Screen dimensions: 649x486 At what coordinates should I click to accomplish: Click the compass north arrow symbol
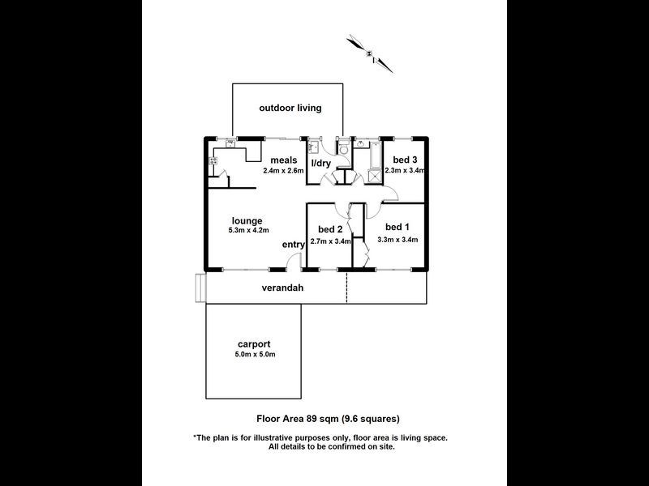(370, 53)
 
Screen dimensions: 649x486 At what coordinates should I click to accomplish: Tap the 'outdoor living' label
(290, 108)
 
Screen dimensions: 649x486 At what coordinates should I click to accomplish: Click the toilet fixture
(343, 148)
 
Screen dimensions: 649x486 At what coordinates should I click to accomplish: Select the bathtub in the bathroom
(376, 155)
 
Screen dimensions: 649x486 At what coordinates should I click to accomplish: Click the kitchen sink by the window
(230, 143)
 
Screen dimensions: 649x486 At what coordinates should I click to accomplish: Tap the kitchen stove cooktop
(213, 161)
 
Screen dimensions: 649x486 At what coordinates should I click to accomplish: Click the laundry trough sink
(313, 147)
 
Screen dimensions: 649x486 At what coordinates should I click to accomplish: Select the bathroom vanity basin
(360, 143)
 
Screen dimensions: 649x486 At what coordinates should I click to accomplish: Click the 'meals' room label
(284, 160)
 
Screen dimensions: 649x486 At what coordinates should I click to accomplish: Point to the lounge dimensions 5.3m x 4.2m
(249, 230)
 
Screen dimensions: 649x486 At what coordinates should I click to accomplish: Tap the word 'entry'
(294, 245)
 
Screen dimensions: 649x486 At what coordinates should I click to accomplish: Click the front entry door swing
(294, 261)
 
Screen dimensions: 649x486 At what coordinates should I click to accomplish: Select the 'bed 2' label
(330, 229)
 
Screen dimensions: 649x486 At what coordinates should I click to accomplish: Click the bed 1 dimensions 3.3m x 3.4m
(398, 239)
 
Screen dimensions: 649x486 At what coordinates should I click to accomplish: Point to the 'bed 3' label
(405, 160)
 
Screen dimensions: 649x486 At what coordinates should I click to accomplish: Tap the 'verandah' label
(282, 288)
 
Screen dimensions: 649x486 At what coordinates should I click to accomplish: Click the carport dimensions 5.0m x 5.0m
(255, 354)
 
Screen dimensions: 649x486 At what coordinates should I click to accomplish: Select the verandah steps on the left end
(200, 288)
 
